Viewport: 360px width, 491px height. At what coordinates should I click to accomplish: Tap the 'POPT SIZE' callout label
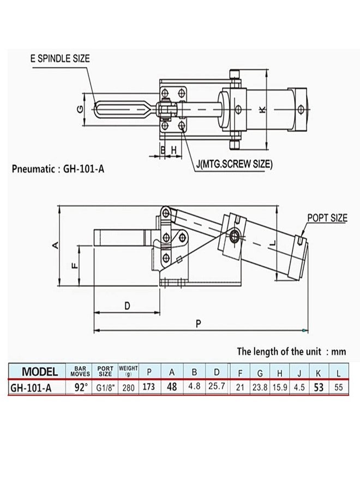[327, 218]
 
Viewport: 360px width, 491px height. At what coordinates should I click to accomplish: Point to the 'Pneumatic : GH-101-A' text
[58, 169]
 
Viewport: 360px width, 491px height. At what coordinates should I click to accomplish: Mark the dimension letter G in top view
[80, 109]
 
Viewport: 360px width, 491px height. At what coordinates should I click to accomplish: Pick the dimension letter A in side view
[55, 246]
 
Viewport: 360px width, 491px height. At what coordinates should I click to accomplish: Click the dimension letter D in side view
[127, 306]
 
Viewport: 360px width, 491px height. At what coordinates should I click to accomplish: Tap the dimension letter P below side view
[199, 324]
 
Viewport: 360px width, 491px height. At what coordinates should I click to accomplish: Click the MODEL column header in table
[39, 372]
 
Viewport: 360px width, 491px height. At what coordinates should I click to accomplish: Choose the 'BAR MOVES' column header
[80, 372]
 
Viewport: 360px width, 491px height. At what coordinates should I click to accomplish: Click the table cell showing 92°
[80, 388]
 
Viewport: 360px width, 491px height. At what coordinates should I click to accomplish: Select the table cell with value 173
[149, 388]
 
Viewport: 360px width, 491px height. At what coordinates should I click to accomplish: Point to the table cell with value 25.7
[217, 388]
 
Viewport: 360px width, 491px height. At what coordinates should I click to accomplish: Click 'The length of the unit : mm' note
[291, 351]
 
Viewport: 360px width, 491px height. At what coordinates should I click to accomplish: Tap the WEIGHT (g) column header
[128, 372]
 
